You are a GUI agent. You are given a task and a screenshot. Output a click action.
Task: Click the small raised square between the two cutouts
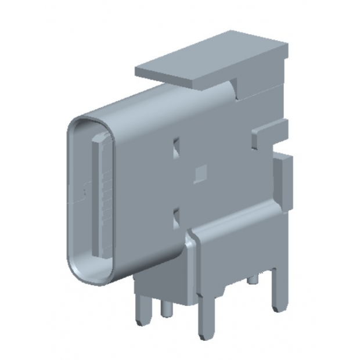[201, 172]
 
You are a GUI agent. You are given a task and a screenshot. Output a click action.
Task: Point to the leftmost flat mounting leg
[141, 311]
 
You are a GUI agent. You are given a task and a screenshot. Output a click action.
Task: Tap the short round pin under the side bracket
[253, 280]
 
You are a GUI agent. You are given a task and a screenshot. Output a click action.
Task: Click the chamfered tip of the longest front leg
[204, 336]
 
